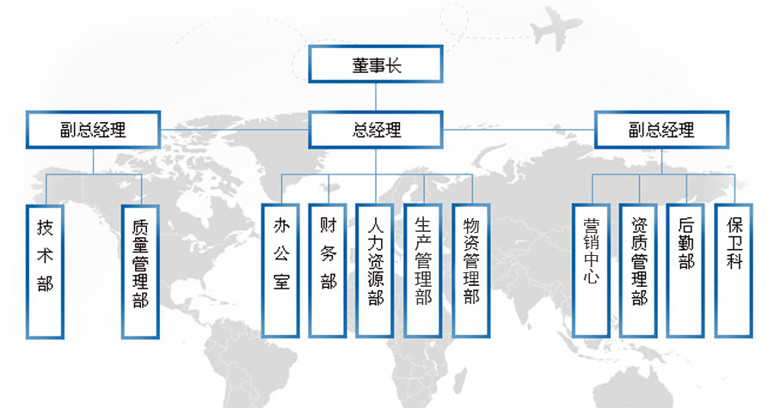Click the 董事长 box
376,64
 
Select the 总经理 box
376,130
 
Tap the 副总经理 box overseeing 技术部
93,130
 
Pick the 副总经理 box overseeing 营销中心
661,130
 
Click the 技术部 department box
45,271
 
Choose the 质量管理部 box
140,271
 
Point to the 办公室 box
280,271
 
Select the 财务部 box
328,271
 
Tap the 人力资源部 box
375,271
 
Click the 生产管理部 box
423,271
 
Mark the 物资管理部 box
471,271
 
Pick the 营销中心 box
591,271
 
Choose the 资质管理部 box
638,271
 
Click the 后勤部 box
685,271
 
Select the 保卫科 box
734,271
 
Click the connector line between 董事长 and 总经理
376,97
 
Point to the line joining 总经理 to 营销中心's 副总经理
519,130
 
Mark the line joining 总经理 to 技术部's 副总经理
235,130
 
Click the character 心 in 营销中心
591,276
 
